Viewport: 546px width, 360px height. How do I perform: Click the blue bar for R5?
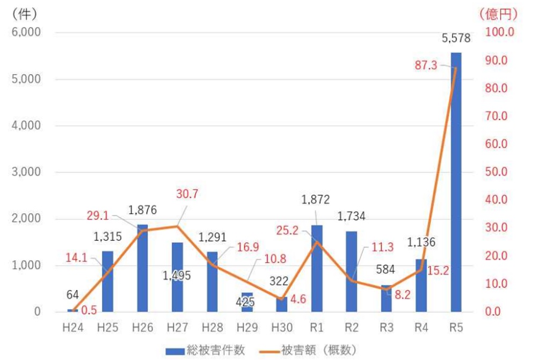456,183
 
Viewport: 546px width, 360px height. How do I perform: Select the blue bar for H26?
142,268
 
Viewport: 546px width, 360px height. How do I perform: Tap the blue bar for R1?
316,269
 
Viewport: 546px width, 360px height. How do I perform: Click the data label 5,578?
456,39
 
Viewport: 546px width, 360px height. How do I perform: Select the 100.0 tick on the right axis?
499,32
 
